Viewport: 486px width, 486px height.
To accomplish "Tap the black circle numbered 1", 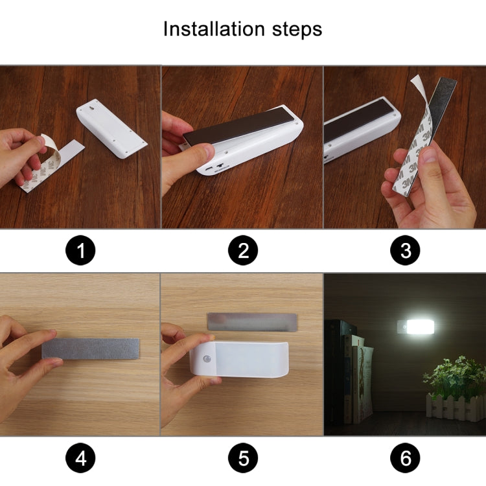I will [80, 250].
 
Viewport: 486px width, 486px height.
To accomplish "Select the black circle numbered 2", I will [243, 250].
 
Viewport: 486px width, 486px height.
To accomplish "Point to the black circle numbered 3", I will [406, 250].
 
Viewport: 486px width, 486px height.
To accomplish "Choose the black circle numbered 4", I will [80, 459].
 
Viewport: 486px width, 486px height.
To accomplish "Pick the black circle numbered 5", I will [243, 459].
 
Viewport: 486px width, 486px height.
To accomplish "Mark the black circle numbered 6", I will [406, 459].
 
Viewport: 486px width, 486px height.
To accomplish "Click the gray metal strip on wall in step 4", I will [91, 349].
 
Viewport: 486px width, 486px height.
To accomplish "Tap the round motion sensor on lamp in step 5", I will [208, 358].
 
